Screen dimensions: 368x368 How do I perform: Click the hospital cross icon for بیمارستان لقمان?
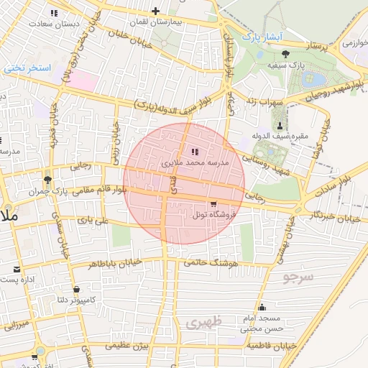pos(155,11)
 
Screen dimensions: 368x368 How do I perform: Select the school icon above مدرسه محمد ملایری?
pos(195,152)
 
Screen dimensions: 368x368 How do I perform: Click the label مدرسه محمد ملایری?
pos(195,164)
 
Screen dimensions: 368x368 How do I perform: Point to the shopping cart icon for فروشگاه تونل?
pos(212,203)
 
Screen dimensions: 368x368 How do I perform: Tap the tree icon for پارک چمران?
pos(48,179)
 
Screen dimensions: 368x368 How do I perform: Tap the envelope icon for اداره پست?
pos(16,269)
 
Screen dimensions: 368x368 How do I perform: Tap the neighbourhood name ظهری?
pos(203,323)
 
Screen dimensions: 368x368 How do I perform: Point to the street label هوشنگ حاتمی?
pos(210,264)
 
